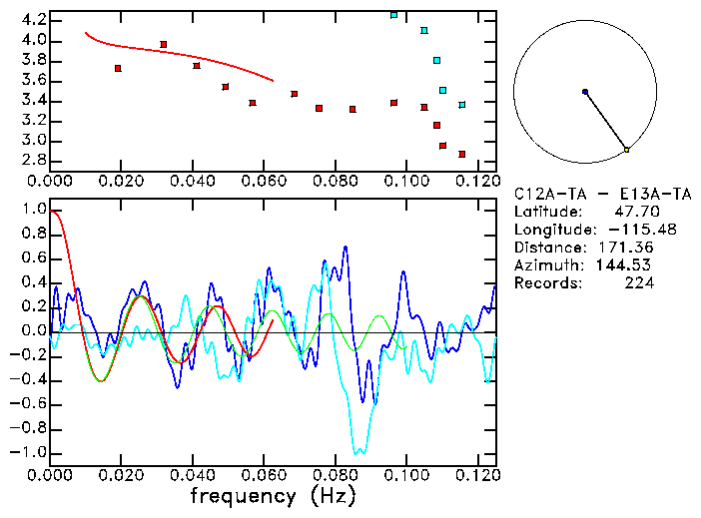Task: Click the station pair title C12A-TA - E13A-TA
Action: tap(589, 194)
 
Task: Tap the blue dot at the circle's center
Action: tap(585, 92)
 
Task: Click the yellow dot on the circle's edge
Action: tap(626, 150)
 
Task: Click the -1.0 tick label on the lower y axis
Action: tap(28, 453)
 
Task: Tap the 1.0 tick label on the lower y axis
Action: tap(33, 211)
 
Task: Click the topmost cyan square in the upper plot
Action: tap(393, 15)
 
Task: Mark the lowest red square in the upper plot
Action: tap(461, 154)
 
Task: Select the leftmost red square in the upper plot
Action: tap(118, 68)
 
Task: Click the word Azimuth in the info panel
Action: tap(545, 265)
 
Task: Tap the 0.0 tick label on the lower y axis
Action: tap(33, 332)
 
